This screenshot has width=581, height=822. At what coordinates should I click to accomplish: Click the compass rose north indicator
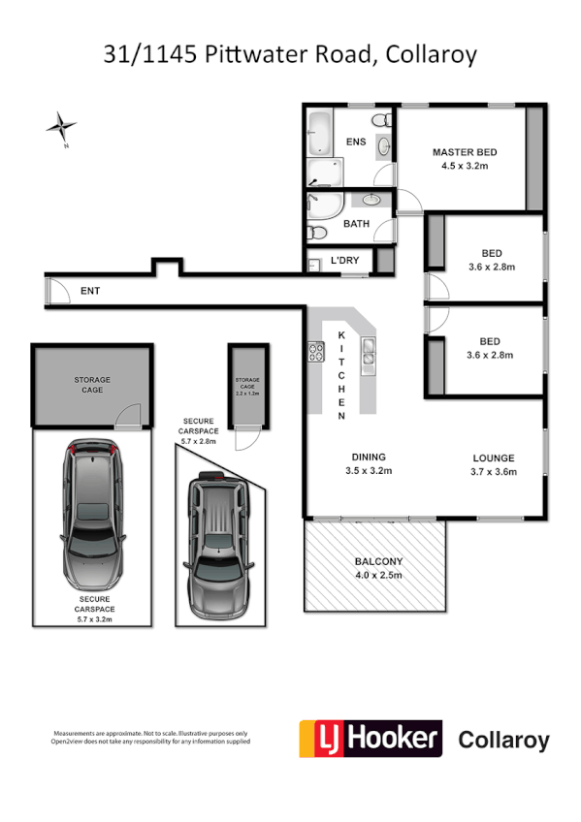point(62,125)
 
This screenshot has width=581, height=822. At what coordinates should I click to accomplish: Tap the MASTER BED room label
point(465,152)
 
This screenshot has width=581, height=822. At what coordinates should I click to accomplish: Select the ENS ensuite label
point(356,142)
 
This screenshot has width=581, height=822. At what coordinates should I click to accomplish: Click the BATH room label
point(356,224)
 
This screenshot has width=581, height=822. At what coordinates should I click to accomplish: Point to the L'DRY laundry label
point(344,261)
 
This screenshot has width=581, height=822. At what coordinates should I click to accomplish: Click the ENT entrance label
point(89,290)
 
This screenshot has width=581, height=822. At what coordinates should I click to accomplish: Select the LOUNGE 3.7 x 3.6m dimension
point(494,472)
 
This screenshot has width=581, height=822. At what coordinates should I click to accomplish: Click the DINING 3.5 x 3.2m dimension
point(369,471)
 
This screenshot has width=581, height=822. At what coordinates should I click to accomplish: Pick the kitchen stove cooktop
point(316,353)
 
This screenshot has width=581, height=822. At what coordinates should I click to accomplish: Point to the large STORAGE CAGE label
point(92,385)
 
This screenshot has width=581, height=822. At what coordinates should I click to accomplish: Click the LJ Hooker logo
point(369,740)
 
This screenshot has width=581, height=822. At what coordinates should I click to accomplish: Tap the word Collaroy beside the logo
point(502,741)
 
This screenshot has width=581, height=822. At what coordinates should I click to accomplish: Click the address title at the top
point(290,54)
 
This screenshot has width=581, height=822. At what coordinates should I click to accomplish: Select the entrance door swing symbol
point(57,290)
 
